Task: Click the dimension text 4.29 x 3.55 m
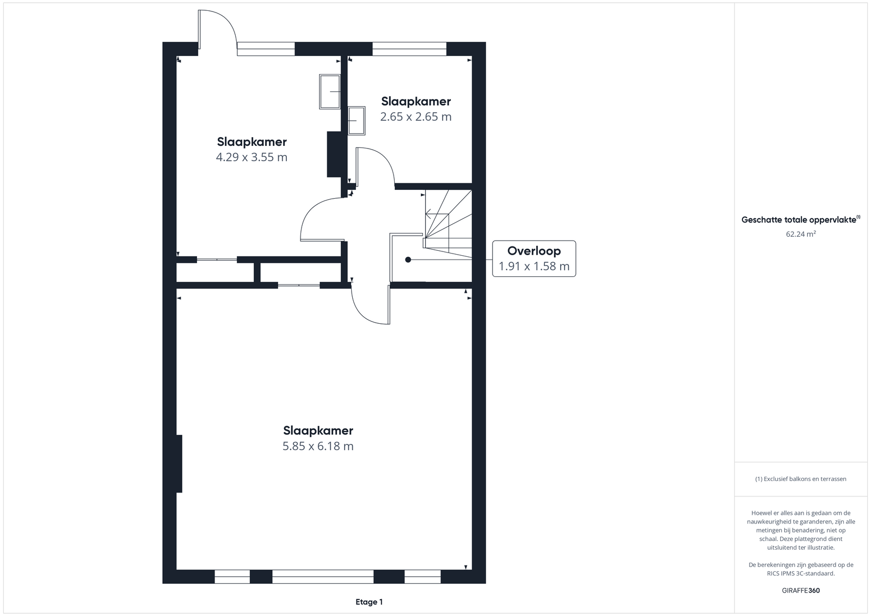tap(252, 157)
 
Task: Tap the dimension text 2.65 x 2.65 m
tap(416, 116)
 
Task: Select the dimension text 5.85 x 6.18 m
tap(318, 446)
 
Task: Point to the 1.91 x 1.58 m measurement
tap(534, 266)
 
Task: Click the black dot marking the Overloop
tap(408, 260)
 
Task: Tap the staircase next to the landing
tap(448, 224)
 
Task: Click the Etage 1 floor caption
tap(369, 602)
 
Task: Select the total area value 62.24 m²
tap(801, 233)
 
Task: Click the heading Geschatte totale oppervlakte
tap(799, 220)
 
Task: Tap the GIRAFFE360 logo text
tap(801, 590)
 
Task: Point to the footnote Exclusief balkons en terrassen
tap(805, 479)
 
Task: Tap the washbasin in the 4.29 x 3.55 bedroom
tap(330, 91)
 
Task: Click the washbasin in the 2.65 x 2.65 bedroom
tap(357, 120)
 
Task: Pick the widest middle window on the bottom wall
tap(323, 577)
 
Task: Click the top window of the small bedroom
tap(409, 49)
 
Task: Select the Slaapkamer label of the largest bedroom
tap(318, 430)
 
